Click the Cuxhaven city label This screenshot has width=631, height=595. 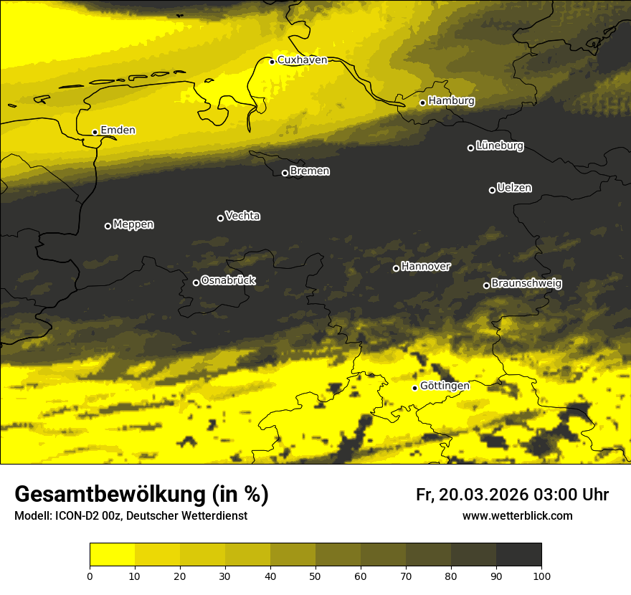click(x=302, y=60)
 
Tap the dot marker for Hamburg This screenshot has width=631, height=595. click(x=423, y=103)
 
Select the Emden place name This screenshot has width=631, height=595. click(x=118, y=130)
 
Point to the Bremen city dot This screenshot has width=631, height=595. click(x=285, y=173)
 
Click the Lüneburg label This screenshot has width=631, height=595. click(x=499, y=146)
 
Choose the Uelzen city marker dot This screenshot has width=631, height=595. click(x=492, y=190)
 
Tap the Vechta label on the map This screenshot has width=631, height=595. click(x=242, y=216)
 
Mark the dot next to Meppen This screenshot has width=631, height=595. click(x=108, y=226)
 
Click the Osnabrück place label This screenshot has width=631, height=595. click(x=228, y=281)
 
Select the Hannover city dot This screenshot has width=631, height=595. click(x=396, y=268)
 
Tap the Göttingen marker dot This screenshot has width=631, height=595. click(x=414, y=388)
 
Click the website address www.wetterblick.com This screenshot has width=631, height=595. click(x=517, y=516)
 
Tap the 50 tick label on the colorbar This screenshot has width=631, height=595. click(x=315, y=576)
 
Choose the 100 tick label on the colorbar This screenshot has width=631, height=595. click(x=541, y=576)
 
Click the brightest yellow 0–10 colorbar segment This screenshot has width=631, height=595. click(x=112, y=554)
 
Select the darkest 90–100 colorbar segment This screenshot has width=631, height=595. click(x=518, y=554)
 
